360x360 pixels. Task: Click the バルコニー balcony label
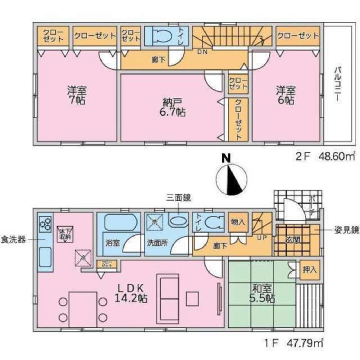pyautogui.click(x=338, y=85)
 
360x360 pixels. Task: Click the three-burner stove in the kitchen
pyautogui.click(x=45, y=224)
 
